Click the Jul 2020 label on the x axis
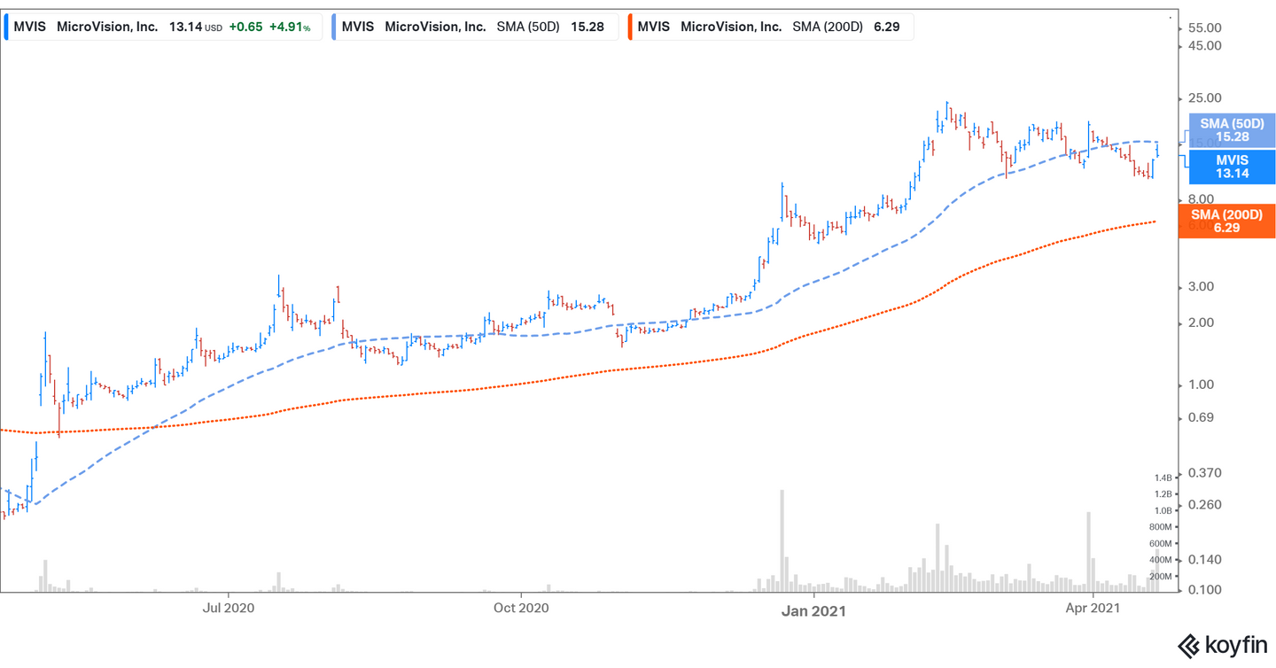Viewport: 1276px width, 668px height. point(229,608)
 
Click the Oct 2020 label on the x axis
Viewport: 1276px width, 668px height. point(521,608)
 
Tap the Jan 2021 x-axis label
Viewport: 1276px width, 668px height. point(814,610)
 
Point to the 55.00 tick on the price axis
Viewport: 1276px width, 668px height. point(1203,28)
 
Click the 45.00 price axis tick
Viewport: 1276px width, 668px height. point(1203,46)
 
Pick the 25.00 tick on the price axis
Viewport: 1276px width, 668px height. point(1203,98)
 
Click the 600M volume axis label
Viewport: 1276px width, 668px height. point(1160,544)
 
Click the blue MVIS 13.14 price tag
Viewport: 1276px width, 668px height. point(1231,167)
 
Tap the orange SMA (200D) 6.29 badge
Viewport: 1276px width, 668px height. point(1226,221)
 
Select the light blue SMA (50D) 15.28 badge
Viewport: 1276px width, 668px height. point(1231,130)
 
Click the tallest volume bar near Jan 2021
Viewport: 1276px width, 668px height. point(782,540)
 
